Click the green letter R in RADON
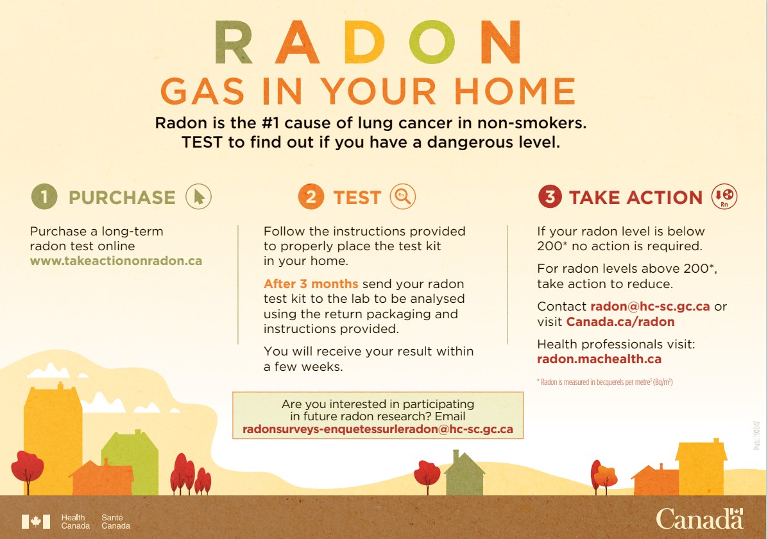coord(233,43)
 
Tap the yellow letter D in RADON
coord(364,43)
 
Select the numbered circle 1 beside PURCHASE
coord(44,196)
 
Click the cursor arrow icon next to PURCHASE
coord(198,196)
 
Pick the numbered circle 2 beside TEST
coord(311,196)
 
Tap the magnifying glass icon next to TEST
coord(403,196)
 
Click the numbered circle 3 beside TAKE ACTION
coord(550,196)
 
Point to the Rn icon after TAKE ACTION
coord(724,196)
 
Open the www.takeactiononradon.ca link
coord(116,261)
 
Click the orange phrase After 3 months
coord(311,284)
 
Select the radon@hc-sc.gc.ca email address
coord(650,307)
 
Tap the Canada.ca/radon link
coord(620,322)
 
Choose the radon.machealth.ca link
coord(599,359)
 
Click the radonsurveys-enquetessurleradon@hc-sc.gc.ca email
coord(378,429)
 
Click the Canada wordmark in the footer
coord(699,518)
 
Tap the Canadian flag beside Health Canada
coord(36,522)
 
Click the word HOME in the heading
coord(515,91)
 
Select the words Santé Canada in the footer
coord(115,522)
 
